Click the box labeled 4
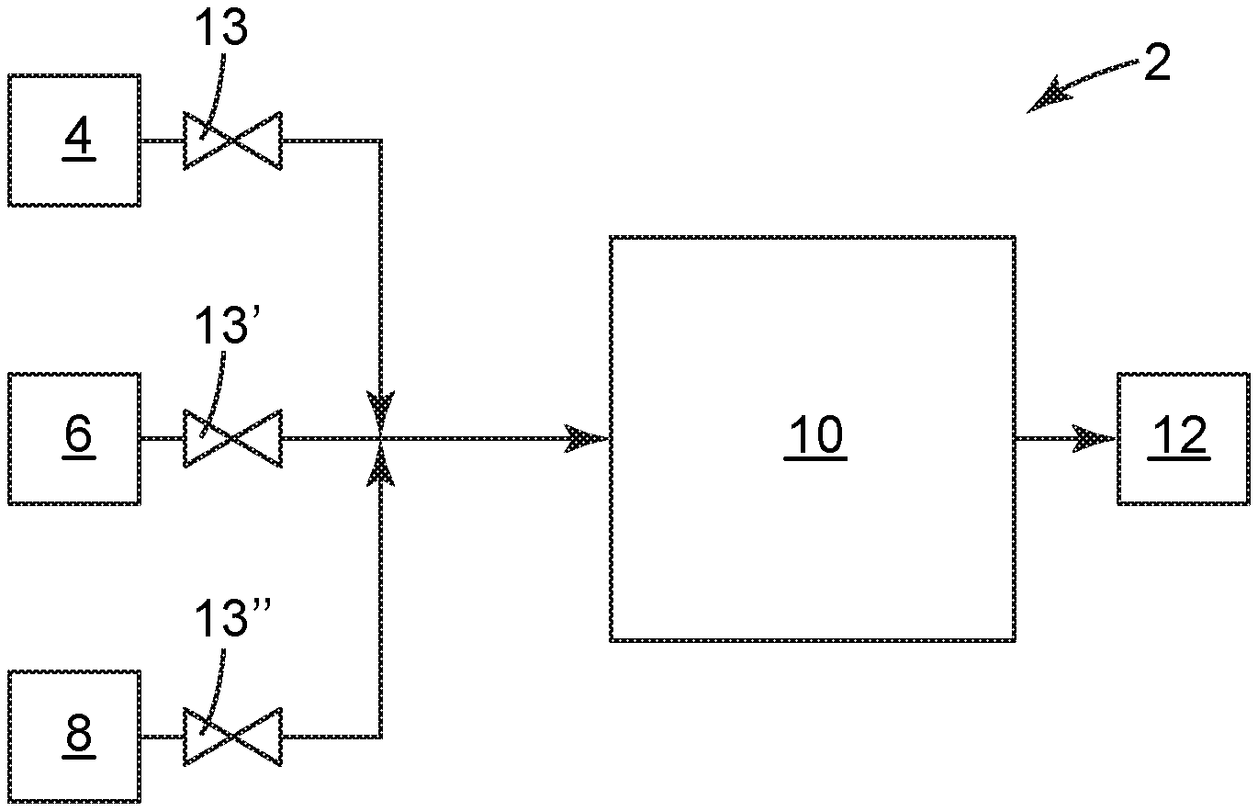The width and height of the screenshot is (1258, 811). pyautogui.click(x=74, y=141)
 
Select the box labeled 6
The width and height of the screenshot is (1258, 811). pyautogui.click(x=74, y=438)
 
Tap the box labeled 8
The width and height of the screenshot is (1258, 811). pyautogui.click(x=74, y=736)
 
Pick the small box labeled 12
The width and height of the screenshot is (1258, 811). pyautogui.click(x=1183, y=438)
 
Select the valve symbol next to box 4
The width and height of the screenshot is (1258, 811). pyautogui.click(x=232, y=141)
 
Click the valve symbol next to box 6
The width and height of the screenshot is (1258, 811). pyautogui.click(x=232, y=439)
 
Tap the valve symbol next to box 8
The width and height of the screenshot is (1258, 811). pyautogui.click(x=232, y=736)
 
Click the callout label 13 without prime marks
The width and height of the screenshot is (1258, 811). pyautogui.click(x=221, y=30)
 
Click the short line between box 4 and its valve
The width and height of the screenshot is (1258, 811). pyautogui.click(x=162, y=141)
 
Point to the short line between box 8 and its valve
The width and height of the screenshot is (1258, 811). pyautogui.click(x=162, y=736)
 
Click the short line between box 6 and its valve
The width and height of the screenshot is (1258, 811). pyautogui.click(x=162, y=439)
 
